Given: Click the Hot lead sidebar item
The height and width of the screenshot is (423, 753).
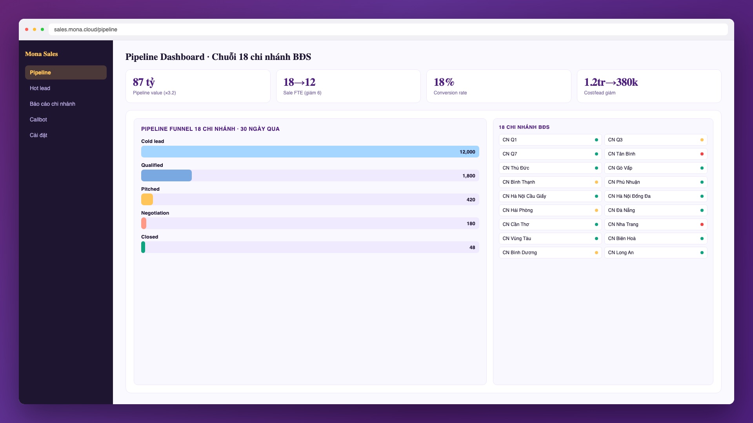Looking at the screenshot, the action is pyautogui.click(x=40, y=88).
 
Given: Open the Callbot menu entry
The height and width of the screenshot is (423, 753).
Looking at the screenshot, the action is pyautogui.click(x=38, y=119).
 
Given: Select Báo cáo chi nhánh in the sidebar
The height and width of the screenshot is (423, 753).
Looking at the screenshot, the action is pyautogui.click(x=53, y=104).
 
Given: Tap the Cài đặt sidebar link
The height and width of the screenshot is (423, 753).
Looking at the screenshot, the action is pyautogui.click(x=38, y=135).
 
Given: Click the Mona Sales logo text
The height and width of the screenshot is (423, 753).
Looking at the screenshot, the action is pyautogui.click(x=42, y=54).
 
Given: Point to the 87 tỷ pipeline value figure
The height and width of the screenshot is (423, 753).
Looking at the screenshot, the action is pyautogui.click(x=144, y=82).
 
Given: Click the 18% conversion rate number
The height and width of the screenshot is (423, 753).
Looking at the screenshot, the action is pyautogui.click(x=444, y=82).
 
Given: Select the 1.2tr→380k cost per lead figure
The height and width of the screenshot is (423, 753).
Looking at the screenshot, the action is pyautogui.click(x=611, y=82).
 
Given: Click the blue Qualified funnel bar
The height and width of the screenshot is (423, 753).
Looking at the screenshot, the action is pyautogui.click(x=166, y=175).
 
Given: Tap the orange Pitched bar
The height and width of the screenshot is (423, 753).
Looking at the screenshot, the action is pyautogui.click(x=147, y=199).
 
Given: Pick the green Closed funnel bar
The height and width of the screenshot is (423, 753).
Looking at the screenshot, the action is pyautogui.click(x=143, y=247).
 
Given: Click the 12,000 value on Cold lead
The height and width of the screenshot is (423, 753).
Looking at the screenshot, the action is pyautogui.click(x=467, y=152).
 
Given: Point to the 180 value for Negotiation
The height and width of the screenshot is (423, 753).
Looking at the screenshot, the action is pyautogui.click(x=471, y=224).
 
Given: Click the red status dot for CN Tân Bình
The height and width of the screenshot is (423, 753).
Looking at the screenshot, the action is pyautogui.click(x=702, y=154).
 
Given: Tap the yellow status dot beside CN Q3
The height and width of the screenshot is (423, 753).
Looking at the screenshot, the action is pyautogui.click(x=702, y=140).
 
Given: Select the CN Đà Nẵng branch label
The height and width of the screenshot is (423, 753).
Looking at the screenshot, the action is pyautogui.click(x=622, y=210).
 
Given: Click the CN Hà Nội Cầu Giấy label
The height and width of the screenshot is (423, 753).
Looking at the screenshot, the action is pyautogui.click(x=524, y=196).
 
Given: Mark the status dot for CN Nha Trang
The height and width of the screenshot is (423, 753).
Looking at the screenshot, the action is pyautogui.click(x=702, y=224).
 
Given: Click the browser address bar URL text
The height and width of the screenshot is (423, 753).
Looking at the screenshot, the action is pyautogui.click(x=85, y=29).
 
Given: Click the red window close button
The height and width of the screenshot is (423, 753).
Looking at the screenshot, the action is pyautogui.click(x=27, y=29).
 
